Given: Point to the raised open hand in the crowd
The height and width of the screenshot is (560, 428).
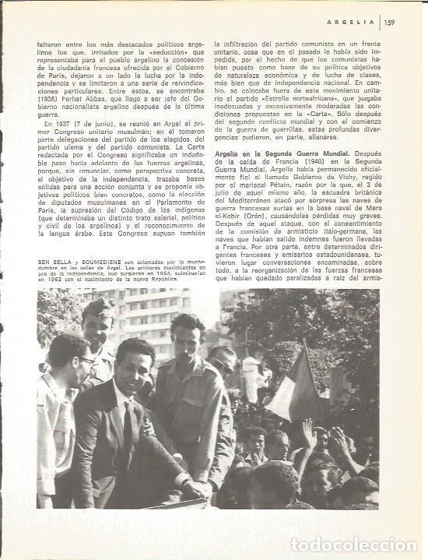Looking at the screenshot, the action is [310, 433].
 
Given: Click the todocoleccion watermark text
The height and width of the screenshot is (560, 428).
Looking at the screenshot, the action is [353, 544].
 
